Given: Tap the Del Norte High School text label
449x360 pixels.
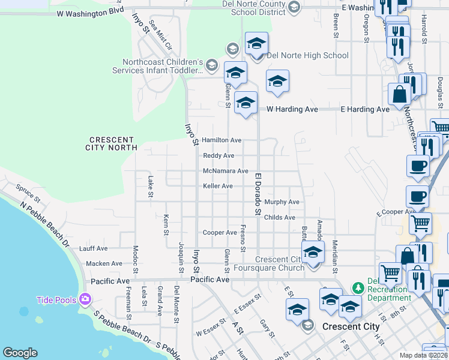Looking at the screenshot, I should [307, 56].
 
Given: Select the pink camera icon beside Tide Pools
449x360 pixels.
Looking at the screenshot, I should [85, 299].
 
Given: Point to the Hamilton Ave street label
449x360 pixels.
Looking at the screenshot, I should [221, 140].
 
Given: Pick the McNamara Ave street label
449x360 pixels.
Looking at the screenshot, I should [226, 171].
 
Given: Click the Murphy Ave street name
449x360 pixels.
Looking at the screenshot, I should [282, 202].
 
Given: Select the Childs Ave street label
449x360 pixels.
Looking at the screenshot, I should [280, 217].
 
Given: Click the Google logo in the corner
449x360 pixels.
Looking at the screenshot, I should [20, 353].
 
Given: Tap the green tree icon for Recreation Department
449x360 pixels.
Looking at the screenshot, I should [358, 287].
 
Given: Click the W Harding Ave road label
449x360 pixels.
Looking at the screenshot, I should [292, 109].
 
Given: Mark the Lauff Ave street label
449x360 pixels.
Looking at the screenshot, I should [93, 248].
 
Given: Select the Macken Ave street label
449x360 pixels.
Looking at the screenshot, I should [104, 263].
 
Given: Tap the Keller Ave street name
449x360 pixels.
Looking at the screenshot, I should [218, 186].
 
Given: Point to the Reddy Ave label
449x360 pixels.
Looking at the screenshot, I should [218, 155].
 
